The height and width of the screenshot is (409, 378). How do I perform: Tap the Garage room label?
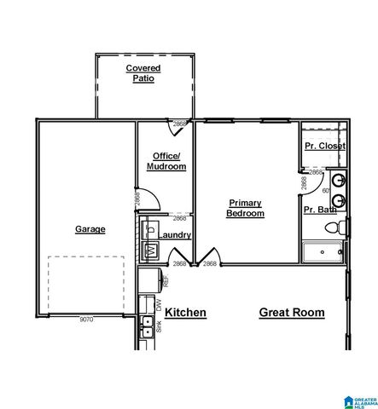[90, 229]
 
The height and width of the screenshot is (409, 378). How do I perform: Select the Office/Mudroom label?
[166, 161]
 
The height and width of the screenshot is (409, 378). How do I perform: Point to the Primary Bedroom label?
[245, 208]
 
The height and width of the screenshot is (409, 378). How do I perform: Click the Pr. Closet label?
[324, 146]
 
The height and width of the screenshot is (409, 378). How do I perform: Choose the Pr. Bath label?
[320, 210]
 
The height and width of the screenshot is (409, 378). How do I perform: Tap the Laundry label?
[174, 235]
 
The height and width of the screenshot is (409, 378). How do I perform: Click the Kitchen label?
[185, 313]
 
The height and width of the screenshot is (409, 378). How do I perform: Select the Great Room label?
[291, 313]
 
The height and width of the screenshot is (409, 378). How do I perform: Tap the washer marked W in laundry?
[150, 250]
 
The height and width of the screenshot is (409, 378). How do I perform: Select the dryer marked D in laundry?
[150, 229]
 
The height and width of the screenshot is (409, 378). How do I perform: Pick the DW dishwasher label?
[158, 303]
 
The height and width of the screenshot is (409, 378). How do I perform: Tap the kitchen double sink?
[148, 325]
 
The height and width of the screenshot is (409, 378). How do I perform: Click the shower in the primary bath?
[323, 251]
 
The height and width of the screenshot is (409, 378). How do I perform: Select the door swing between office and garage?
[149, 199]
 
